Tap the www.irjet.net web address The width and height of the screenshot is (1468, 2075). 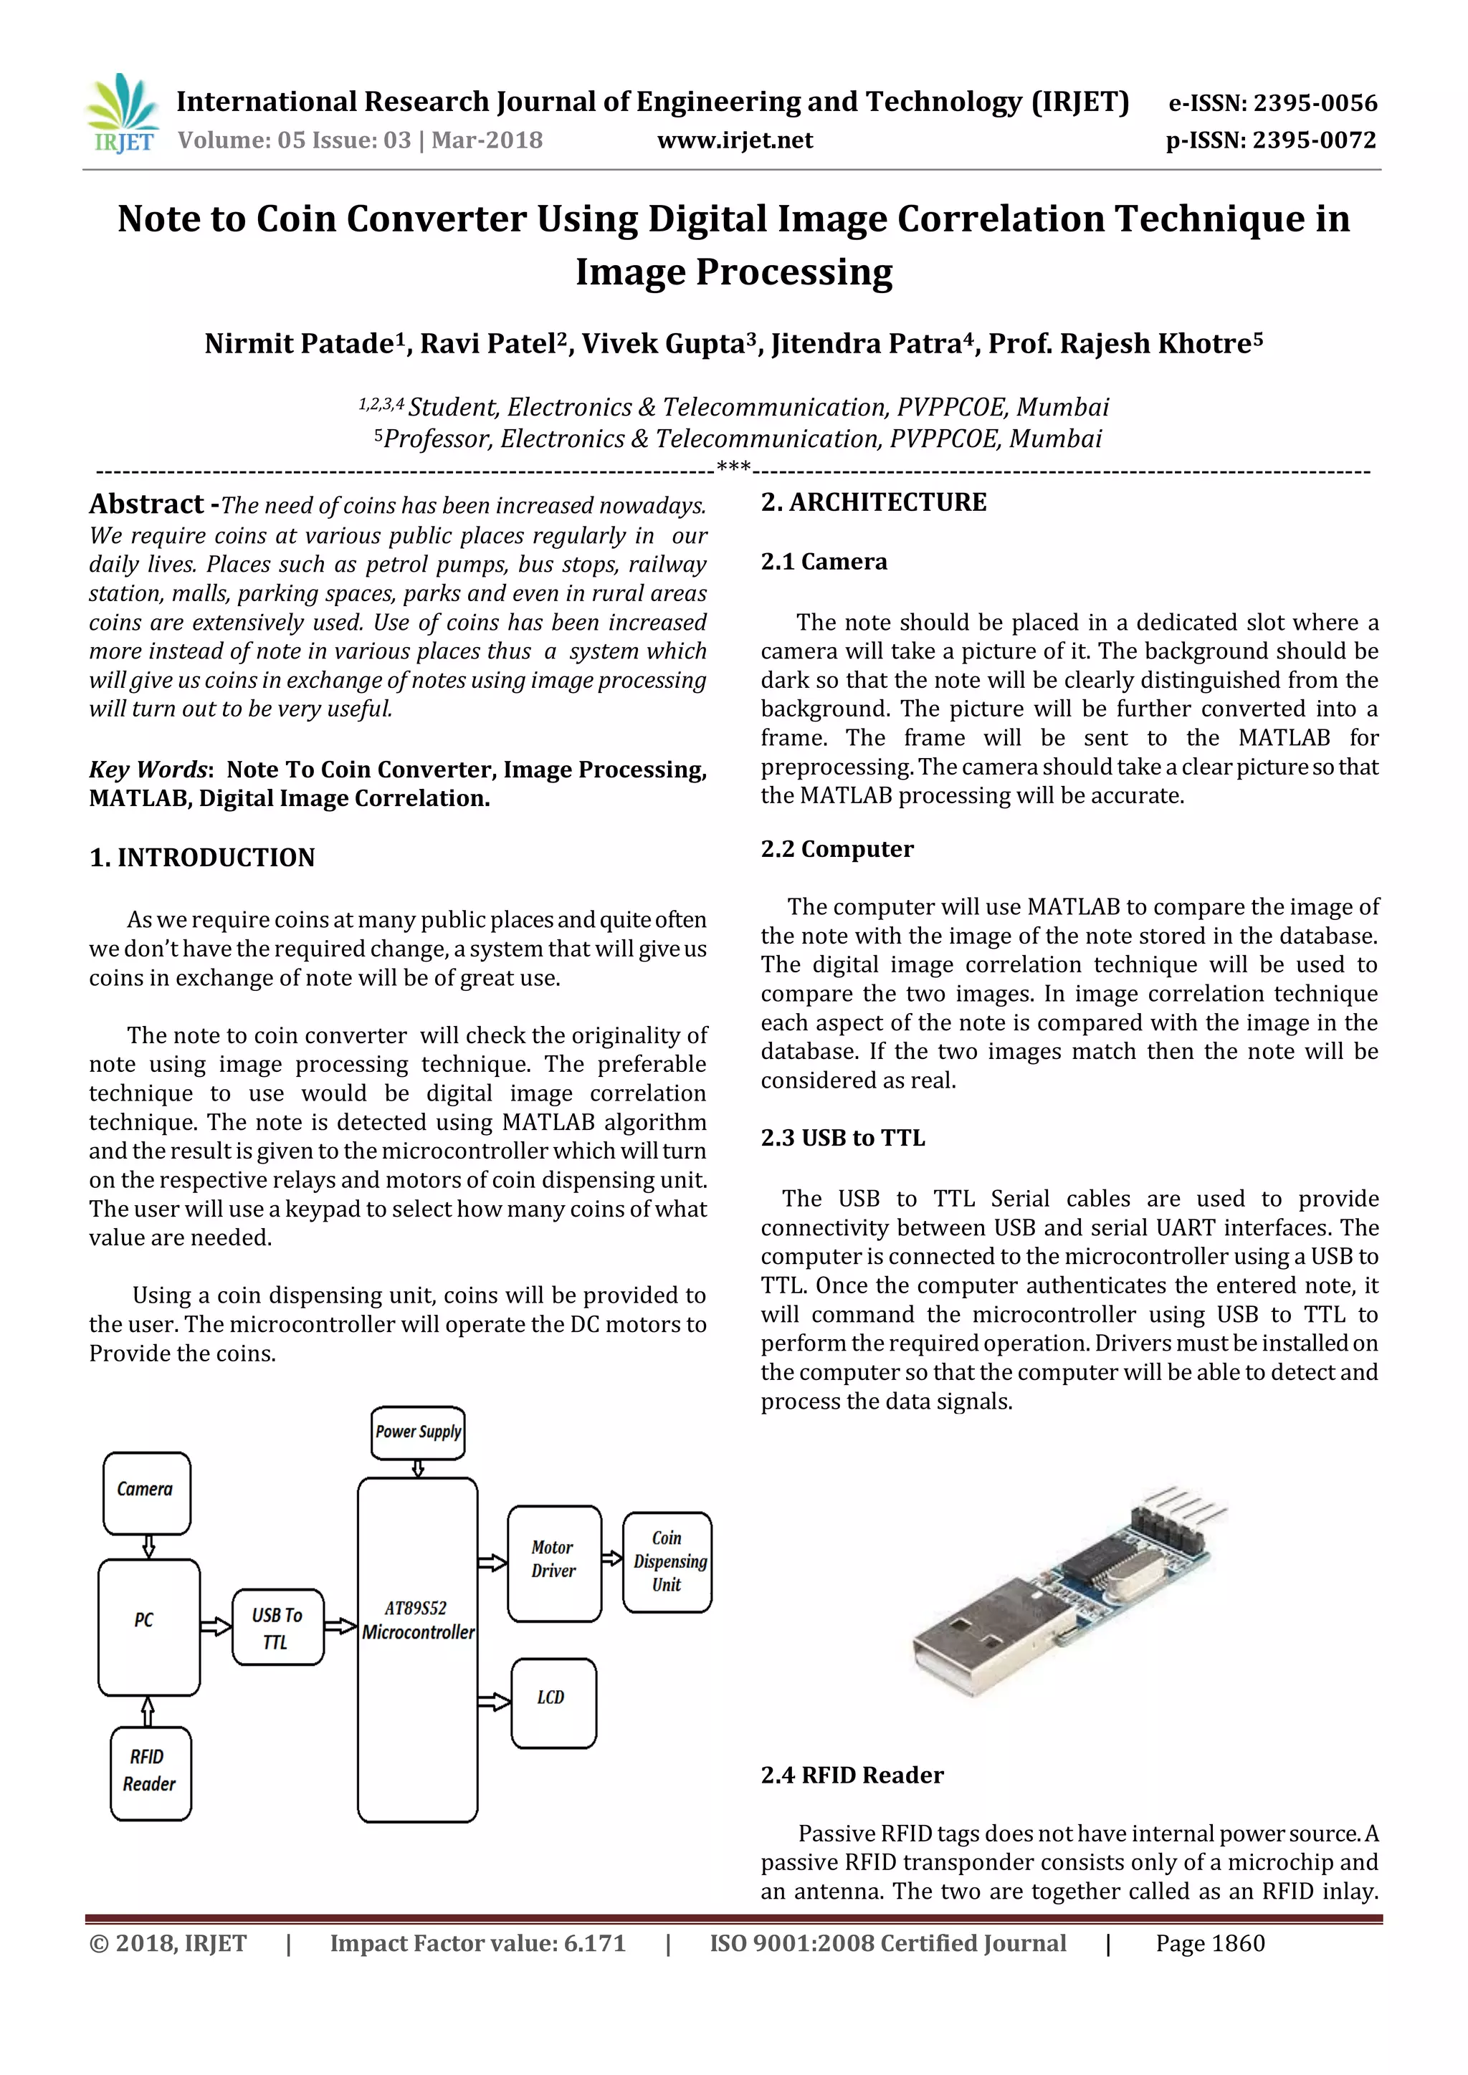click(x=734, y=140)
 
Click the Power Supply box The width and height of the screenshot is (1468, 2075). click(x=418, y=1432)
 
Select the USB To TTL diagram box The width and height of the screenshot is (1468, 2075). click(x=277, y=1626)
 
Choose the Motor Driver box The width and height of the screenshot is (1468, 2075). click(x=553, y=1563)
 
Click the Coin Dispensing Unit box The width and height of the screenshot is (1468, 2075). click(x=667, y=1562)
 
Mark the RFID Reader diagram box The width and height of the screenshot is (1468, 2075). click(x=150, y=1772)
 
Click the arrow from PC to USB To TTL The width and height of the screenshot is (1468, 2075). click(x=215, y=1626)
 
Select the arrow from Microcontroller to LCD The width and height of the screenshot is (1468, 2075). click(x=494, y=1702)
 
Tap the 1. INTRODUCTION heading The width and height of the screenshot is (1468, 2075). click(x=201, y=858)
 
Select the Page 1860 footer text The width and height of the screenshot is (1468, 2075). click(x=1209, y=1943)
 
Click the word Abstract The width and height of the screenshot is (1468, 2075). click(x=146, y=504)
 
